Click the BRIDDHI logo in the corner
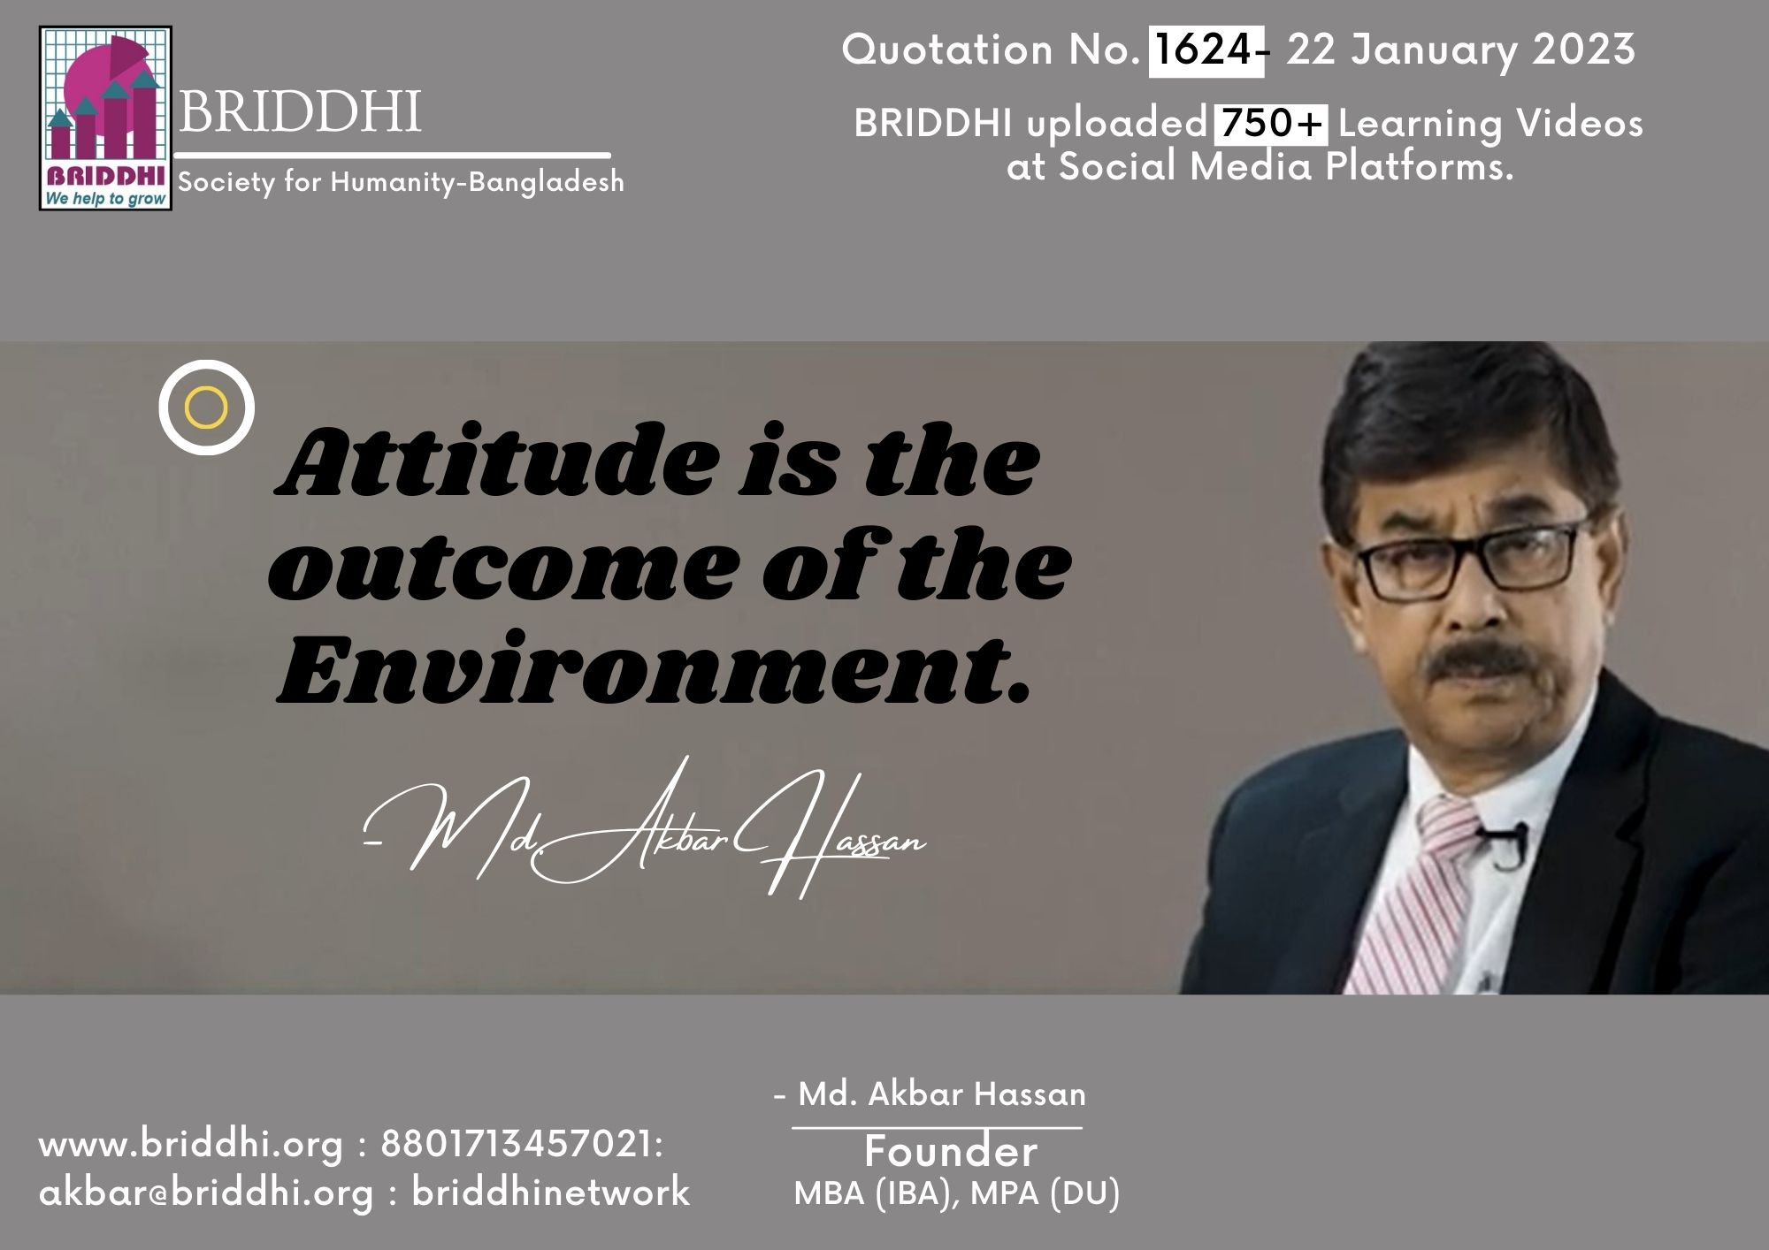105,118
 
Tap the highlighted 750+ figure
1270,123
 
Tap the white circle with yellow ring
207,408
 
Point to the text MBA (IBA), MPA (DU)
957,1193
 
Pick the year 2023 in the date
1583,50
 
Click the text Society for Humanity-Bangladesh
402,182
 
